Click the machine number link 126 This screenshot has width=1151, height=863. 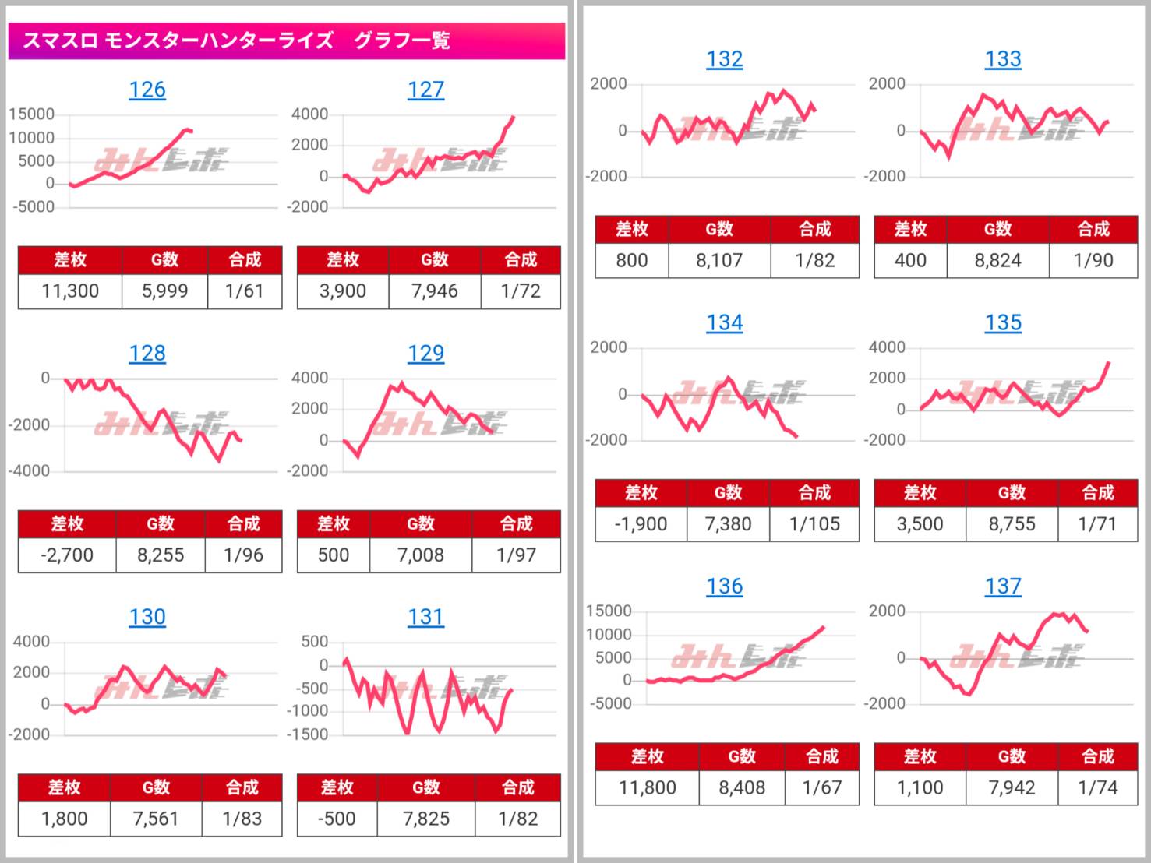pyautogui.click(x=147, y=90)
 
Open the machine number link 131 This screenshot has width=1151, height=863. pyautogui.click(x=425, y=617)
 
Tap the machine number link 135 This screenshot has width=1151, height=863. pyautogui.click(x=1003, y=322)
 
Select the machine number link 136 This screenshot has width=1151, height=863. pyautogui.click(x=724, y=586)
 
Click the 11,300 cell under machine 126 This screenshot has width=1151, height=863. pyautogui.click(x=70, y=291)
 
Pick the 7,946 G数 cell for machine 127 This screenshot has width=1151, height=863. pyautogui.click(x=434, y=291)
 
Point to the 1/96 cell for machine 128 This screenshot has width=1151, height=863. pyautogui.click(x=243, y=555)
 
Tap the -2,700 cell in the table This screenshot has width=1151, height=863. pyautogui.click(x=67, y=555)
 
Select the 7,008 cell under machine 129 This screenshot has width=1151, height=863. pyautogui.click(x=420, y=555)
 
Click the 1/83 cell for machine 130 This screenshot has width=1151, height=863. pyautogui.click(x=242, y=819)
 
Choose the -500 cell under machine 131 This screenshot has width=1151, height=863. pyautogui.click(x=337, y=819)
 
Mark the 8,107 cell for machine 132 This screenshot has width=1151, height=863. pyautogui.click(x=719, y=260)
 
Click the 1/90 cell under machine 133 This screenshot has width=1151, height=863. pyautogui.click(x=1093, y=260)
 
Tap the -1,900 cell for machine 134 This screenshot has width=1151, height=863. pyautogui.click(x=641, y=524)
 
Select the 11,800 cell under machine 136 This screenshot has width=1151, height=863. pyautogui.click(x=647, y=787)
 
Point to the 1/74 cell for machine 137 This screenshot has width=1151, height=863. pyautogui.click(x=1097, y=787)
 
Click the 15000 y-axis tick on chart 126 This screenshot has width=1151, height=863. pyautogui.click(x=32, y=114)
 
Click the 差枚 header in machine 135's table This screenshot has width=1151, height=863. pyautogui.click(x=920, y=493)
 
